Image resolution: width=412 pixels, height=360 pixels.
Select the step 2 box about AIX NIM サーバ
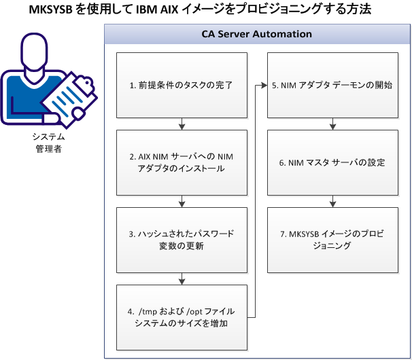point(182,162)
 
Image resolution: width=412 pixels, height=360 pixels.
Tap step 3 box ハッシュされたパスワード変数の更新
point(182,239)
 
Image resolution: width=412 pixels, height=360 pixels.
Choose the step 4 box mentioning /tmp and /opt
point(182,317)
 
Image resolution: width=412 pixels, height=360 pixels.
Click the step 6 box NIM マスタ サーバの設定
point(332,162)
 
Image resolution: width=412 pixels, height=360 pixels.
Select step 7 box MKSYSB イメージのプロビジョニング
point(332,239)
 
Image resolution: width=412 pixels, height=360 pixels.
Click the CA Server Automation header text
point(257,33)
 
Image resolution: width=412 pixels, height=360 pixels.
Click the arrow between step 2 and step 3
point(182,200)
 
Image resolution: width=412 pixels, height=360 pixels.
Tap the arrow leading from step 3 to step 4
point(182,278)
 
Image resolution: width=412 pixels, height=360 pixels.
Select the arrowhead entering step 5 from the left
point(263,86)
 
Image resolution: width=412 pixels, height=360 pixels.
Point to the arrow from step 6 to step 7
point(332,200)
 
